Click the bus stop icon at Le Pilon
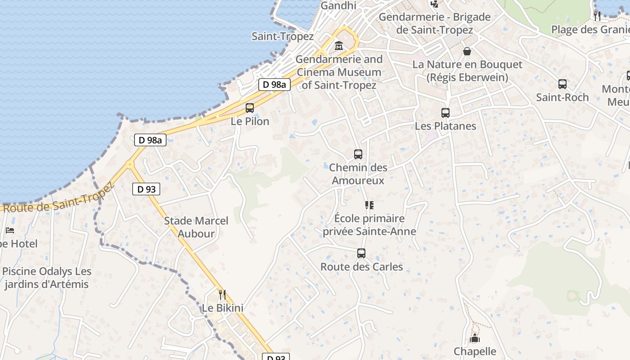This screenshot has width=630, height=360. pos(250,108)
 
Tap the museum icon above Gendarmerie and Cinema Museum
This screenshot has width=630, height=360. pos(338,46)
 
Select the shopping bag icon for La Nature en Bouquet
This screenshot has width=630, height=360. pos(467,51)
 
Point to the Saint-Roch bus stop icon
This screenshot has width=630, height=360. pos(562,84)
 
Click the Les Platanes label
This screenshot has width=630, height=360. pos(445,126)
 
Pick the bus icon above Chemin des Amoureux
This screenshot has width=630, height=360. pos(358,154)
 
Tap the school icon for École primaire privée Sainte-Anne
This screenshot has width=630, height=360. pos(369,205)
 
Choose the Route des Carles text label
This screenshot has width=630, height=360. pos(361,267)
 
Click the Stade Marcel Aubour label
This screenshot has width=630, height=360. pos(196,227)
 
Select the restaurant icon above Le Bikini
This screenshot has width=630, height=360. pos(222,295)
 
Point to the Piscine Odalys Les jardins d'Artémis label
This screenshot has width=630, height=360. pos(47,278)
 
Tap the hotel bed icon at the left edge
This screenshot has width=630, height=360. pos(10,230)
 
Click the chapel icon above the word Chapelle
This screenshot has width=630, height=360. pos(475,338)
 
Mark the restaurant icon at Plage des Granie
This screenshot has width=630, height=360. pos(597,16)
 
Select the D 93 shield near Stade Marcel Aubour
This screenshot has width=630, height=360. pos(146,189)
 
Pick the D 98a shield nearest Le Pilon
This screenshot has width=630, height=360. pos(274,84)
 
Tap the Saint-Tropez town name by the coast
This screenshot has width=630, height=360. pos(282,36)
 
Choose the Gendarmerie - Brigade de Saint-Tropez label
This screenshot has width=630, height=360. pos(434,23)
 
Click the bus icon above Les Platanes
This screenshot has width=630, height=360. pos(445,113)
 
